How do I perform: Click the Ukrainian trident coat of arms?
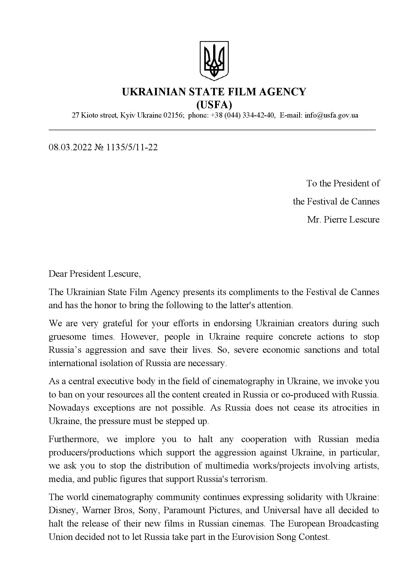214,61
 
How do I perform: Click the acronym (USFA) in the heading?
214,104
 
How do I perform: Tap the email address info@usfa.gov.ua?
331,116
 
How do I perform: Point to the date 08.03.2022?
70,147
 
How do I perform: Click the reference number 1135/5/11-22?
132,147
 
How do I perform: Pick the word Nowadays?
69,408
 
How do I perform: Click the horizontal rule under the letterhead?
212,130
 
